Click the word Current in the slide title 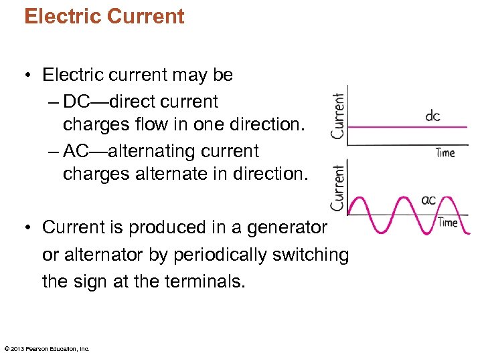click(145, 16)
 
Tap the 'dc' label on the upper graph click(432, 116)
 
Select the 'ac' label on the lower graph click(428, 199)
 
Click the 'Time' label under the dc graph click(445, 152)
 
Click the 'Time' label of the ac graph click(447, 222)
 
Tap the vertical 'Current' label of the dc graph click(338, 116)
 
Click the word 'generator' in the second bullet click(287, 227)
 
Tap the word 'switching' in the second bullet click(311, 255)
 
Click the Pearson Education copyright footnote click(47, 348)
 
